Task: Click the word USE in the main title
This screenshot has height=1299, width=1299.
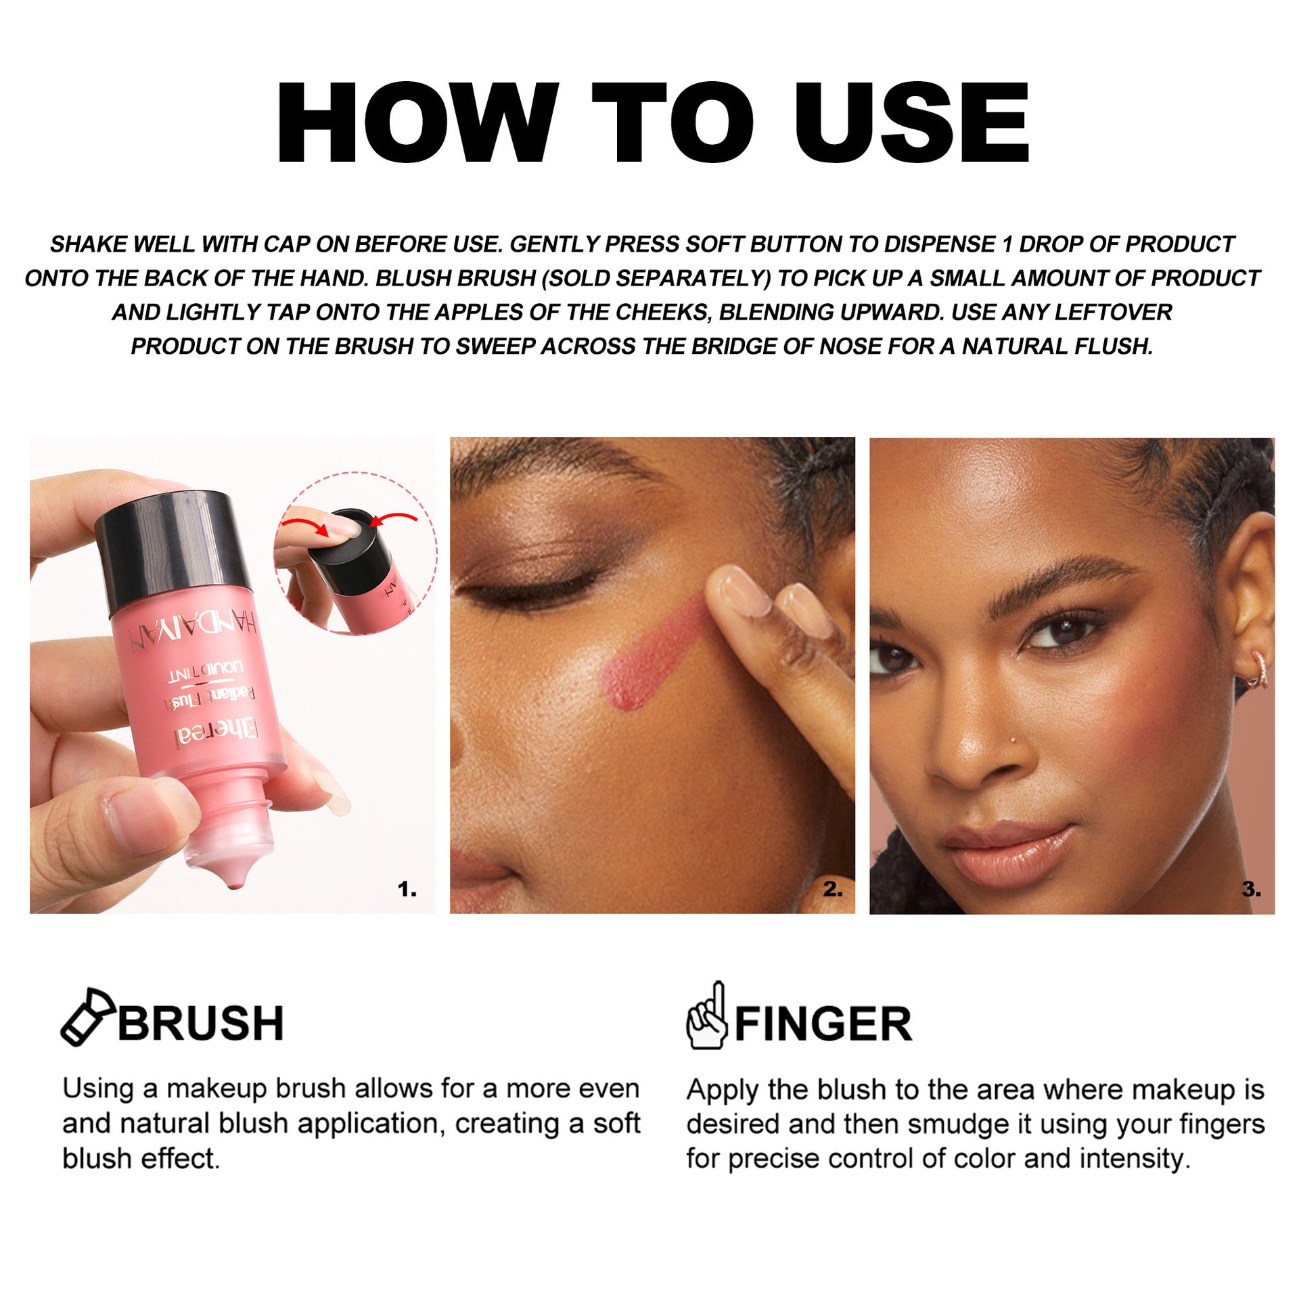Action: point(911,123)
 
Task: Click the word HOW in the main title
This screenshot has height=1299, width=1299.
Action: point(417,123)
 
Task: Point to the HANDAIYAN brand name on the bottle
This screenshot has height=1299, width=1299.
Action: point(193,629)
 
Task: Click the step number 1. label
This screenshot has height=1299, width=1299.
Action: point(407,889)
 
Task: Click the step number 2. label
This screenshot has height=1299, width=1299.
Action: point(832,889)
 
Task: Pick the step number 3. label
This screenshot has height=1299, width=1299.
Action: point(1251,889)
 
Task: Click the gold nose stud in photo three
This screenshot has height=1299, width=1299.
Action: point(1012,740)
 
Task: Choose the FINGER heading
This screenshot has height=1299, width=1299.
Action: point(823,1024)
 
